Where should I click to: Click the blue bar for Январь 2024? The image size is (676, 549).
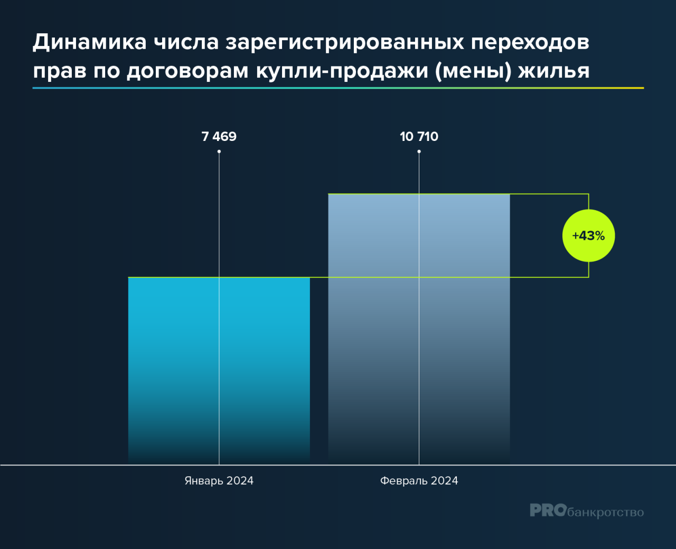[219, 371]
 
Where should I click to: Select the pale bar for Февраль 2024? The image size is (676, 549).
[419, 329]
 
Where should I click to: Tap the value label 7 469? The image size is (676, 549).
[219, 137]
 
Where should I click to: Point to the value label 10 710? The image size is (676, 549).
[419, 137]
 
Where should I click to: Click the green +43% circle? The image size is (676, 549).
[588, 235]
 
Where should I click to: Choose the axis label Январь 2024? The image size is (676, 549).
[219, 481]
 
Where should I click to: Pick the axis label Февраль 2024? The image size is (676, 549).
[419, 481]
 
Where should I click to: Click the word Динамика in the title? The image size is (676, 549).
[90, 43]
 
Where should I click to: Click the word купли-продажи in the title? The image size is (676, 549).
[342, 72]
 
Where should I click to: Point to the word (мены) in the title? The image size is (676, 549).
[473, 71]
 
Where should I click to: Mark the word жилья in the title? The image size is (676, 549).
[554, 71]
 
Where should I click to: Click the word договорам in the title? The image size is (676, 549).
[187, 72]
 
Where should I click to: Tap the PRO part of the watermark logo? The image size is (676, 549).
[548, 510]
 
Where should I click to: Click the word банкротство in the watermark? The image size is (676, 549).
[605, 512]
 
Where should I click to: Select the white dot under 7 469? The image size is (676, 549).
[219, 152]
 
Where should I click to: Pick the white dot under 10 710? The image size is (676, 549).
[419, 152]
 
